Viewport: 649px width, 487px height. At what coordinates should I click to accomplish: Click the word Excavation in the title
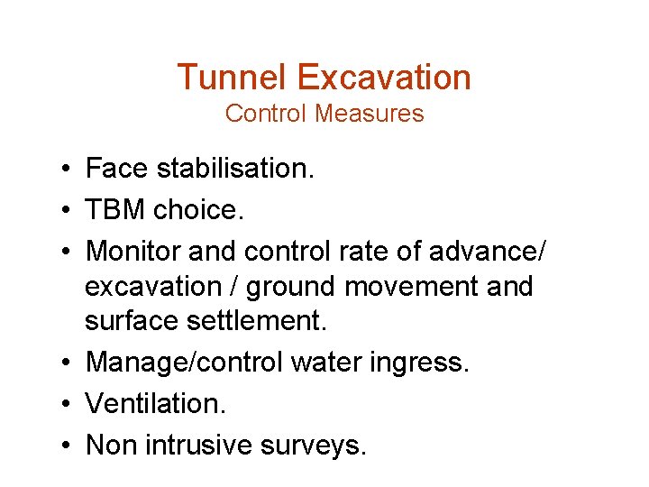click(x=384, y=78)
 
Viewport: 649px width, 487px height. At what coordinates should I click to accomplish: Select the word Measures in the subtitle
click(x=379, y=114)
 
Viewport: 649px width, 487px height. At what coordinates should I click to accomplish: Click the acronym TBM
click(x=114, y=210)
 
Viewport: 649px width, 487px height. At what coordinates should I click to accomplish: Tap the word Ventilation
click(x=155, y=402)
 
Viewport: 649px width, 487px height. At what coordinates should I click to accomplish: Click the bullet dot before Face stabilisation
click(x=68, y=170)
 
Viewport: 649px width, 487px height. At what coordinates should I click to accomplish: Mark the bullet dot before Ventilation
click(x=68, y=403)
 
